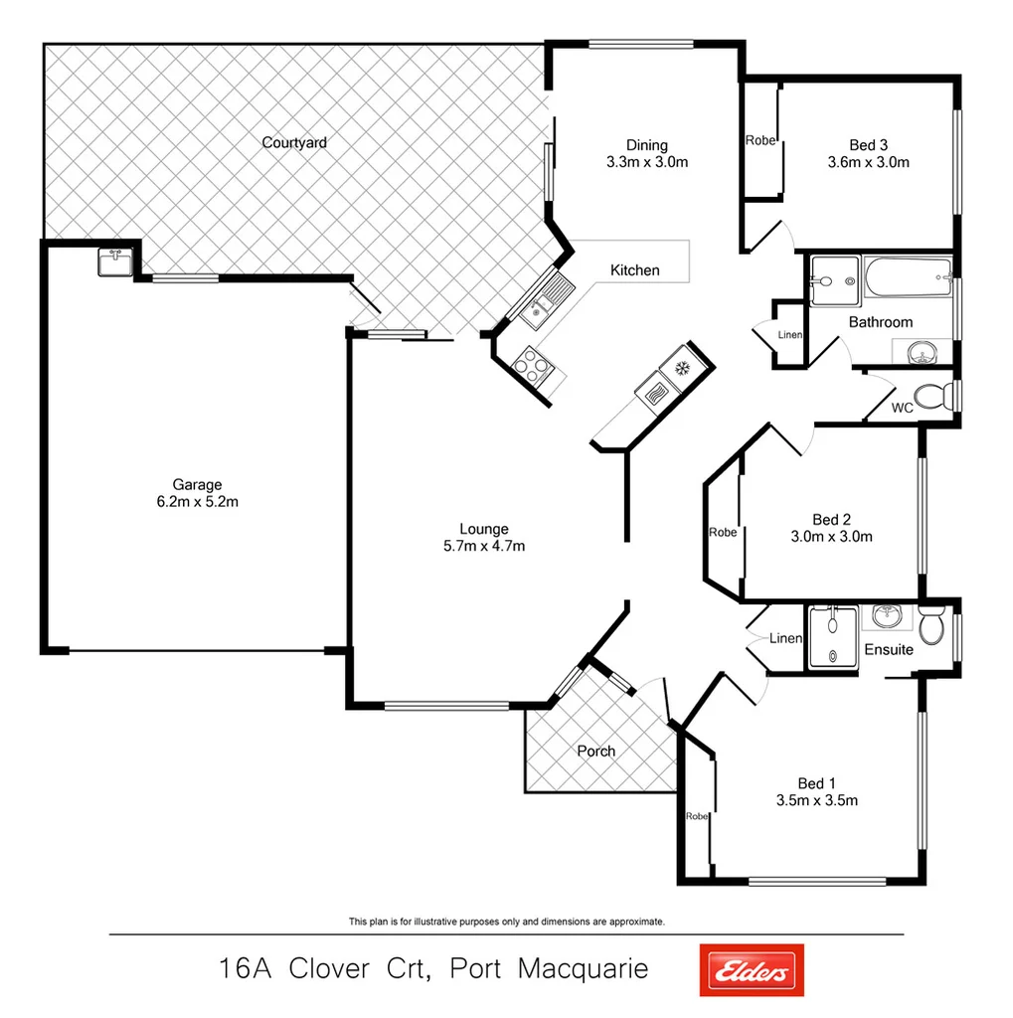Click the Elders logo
[x=752, y=970]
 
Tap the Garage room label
[x=197, y=485]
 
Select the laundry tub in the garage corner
[x=114, y=262]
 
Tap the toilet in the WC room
[x=930, y=398]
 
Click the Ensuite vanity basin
[x=886, y=616]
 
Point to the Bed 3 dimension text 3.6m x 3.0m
[x=869, y=162]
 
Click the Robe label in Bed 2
[x=723, y=533]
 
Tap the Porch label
[x=596, y=752]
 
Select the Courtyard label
[x=294, y=143]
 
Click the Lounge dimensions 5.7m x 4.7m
[x=484, y=546]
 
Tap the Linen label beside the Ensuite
[x=784, y=638]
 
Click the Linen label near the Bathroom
[x=789, y=335]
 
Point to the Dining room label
[x=647, y=145]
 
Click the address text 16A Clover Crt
[x=324, y=968]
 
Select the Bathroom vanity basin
[x=922, y=351]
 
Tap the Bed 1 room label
[x=816, y=783]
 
